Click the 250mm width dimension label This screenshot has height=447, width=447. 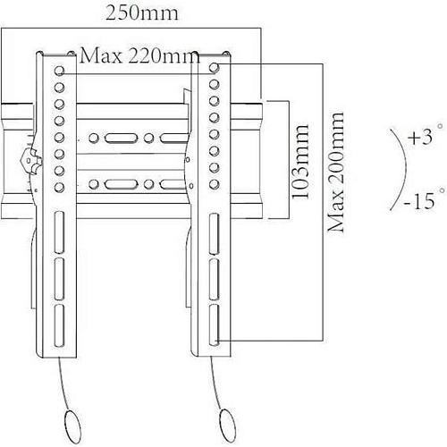tap(142, 13)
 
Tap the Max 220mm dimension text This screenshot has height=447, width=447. tap(139, 55)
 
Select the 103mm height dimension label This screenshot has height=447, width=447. tap(299, 162)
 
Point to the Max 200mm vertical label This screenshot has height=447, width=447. tap(336, 172)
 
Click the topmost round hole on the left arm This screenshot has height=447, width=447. tap(59, 71)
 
